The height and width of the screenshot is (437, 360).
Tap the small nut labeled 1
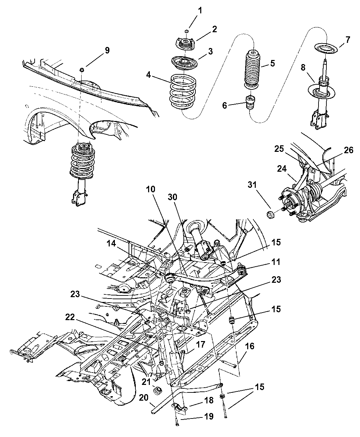[x=187, y=32]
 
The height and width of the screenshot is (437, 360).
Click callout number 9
[x=107, y=51]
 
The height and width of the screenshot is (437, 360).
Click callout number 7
[x=348, y=40]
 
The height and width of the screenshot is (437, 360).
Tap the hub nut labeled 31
[x=269, y=215]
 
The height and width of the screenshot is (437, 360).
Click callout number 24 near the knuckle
[x=281, y=169]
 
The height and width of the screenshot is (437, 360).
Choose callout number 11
[x=276, y=262]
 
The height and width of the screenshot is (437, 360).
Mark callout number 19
[x=209, y=416]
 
